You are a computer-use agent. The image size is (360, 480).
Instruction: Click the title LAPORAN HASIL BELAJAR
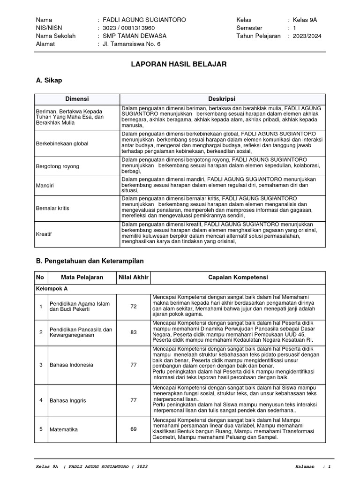179,64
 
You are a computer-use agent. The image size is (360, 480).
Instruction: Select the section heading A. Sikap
49,81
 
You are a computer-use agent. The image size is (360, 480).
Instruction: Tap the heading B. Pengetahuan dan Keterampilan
90,260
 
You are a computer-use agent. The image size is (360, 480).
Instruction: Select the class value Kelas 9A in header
305,20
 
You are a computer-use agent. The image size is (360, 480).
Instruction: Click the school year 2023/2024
307,36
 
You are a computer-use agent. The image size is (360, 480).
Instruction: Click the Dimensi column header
77,99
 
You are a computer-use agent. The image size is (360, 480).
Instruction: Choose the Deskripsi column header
222,99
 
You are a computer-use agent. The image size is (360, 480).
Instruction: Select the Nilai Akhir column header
134,277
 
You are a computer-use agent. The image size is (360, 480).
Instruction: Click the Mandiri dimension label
45,186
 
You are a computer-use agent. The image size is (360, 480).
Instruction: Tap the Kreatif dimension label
44,233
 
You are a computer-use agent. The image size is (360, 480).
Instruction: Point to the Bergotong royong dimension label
58,166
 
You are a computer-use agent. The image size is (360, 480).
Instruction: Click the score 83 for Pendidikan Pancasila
134,332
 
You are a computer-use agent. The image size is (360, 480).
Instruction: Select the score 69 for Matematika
134,429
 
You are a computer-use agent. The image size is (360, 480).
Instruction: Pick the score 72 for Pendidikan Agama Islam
134,307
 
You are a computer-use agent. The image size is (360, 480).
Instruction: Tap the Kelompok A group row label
52,289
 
